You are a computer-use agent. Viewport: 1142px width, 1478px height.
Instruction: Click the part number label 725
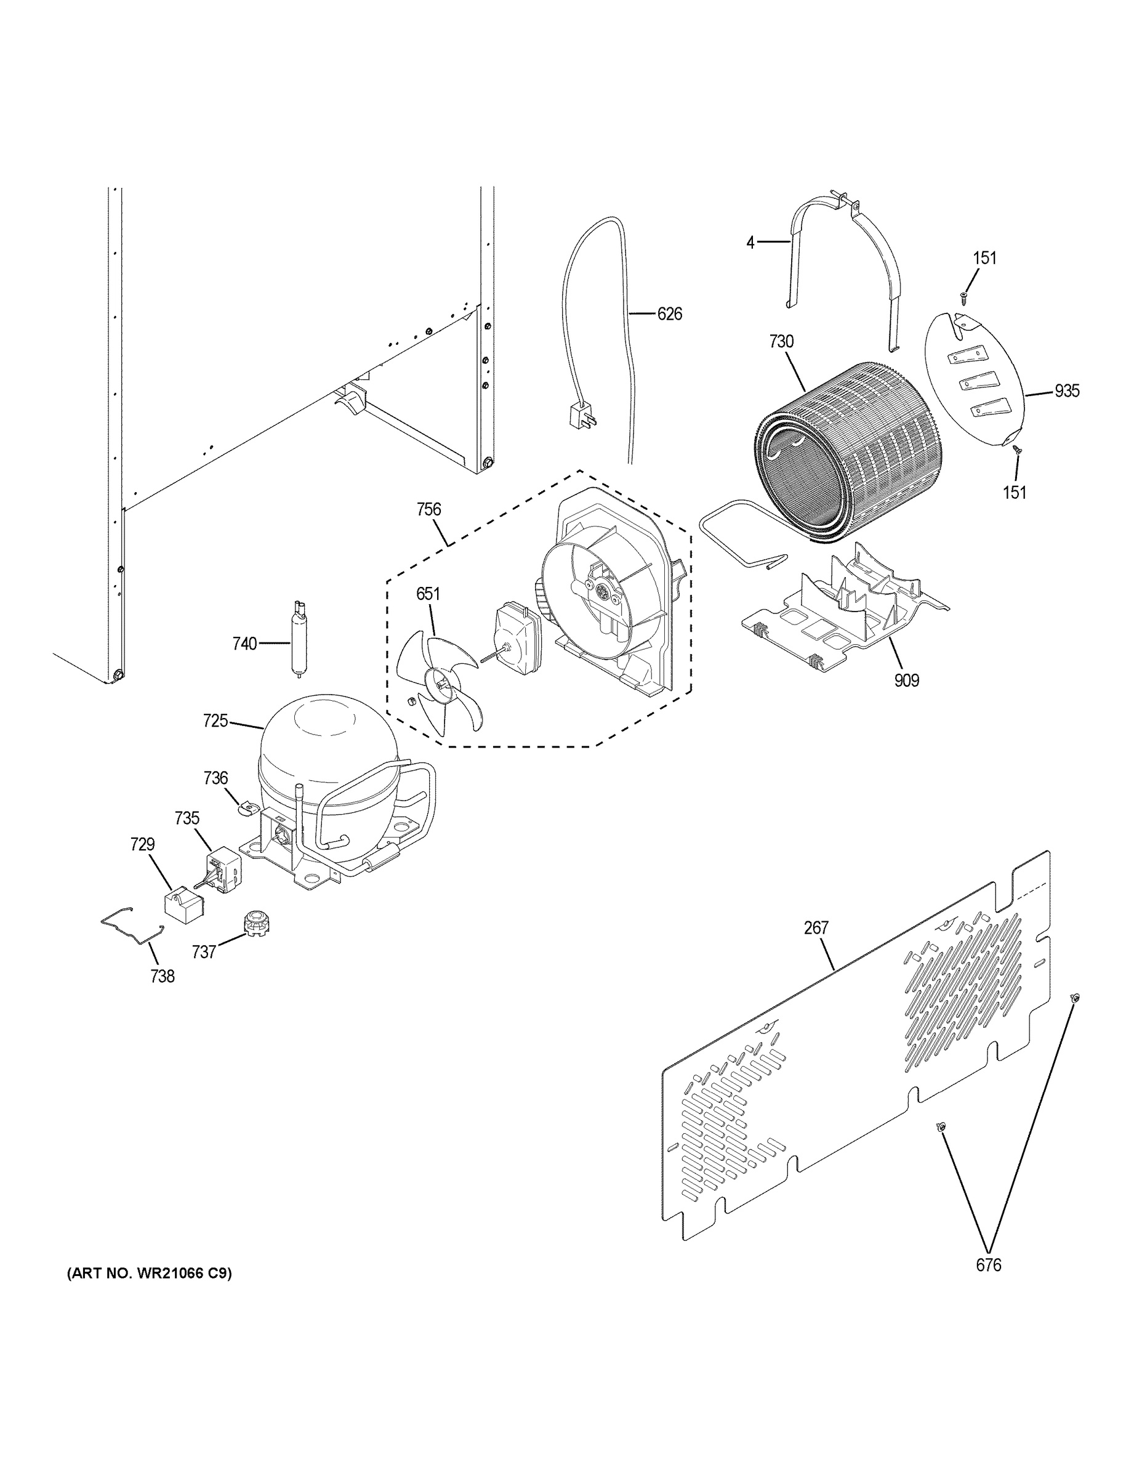215,721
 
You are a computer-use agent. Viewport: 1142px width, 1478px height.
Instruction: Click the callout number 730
781,342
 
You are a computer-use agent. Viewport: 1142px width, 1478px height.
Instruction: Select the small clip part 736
247,807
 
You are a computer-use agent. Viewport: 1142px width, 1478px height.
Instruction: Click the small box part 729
183,903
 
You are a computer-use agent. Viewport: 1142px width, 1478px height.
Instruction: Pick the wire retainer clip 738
132,927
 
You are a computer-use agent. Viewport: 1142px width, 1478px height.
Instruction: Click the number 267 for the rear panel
816,928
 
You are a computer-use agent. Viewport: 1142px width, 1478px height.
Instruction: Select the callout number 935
1066,391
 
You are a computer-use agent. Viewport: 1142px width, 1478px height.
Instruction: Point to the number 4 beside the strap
750,241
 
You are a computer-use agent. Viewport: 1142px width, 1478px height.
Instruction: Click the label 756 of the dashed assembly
429,509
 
